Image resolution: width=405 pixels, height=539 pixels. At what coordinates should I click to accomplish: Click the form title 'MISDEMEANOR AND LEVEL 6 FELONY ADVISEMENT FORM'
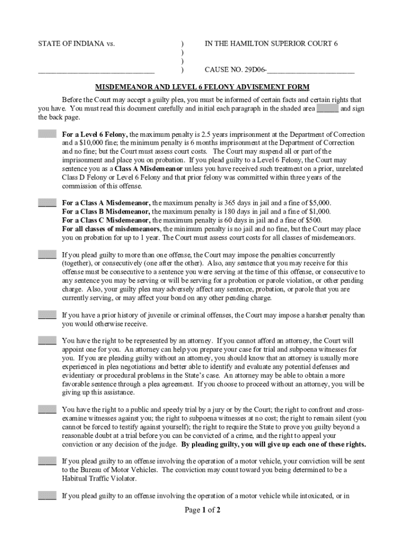202,87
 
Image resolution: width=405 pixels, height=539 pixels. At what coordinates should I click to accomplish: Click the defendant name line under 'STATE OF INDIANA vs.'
96,70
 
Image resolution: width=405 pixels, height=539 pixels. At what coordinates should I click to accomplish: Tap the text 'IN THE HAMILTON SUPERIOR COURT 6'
271,44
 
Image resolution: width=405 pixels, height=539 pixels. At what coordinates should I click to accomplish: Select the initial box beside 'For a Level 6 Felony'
47,134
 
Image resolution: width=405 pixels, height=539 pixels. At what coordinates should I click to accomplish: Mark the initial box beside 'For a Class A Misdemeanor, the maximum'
47,203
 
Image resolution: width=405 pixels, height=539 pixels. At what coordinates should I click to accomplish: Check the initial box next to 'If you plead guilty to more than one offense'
47,254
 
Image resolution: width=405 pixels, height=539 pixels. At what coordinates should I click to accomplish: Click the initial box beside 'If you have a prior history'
47,315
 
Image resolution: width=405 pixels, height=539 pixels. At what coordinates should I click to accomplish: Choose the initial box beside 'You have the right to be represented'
47,341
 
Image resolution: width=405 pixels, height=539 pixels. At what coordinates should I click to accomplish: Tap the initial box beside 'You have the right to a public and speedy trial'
47,409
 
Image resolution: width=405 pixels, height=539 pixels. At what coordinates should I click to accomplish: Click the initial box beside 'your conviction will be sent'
47,461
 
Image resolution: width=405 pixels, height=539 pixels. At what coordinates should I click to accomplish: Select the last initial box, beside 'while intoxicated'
47,495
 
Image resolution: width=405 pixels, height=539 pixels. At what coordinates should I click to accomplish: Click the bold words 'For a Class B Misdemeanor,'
106,212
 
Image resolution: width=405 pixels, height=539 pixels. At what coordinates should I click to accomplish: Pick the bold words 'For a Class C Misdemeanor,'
106,220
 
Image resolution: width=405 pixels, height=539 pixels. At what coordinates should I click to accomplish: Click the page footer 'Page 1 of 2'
202,510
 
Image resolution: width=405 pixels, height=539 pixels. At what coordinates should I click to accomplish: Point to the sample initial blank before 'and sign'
327,108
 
